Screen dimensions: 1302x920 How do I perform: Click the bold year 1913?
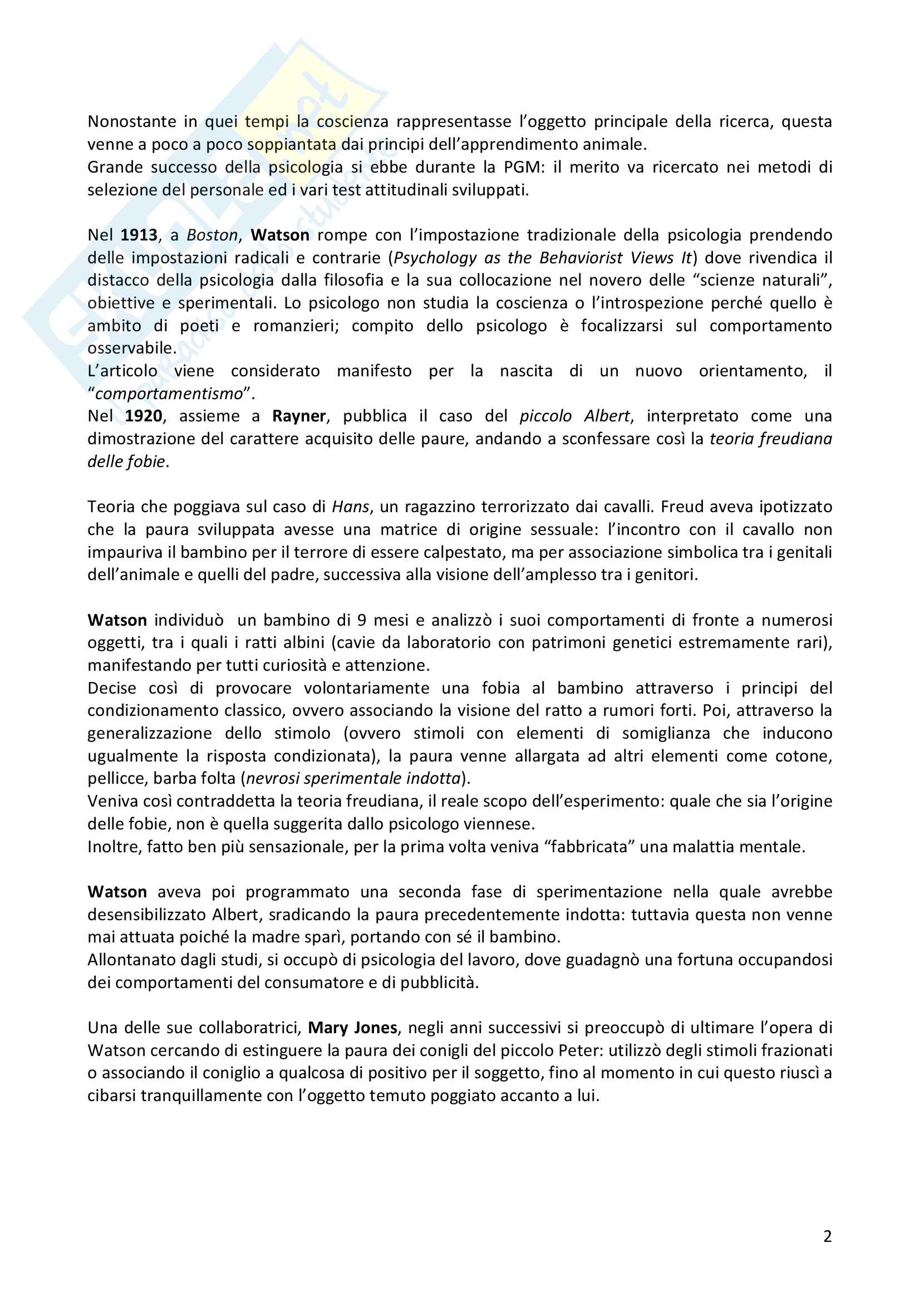point(139,235)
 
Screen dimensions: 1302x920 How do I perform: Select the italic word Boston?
point(212,235)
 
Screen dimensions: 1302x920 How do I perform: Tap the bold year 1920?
point(144,416)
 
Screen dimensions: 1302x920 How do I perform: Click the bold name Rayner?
point(299,416)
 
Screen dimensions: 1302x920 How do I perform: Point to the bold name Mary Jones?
point(352,1028)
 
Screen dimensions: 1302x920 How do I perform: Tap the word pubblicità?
point(439,982)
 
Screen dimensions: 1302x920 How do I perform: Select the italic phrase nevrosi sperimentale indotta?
point(353,779)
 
